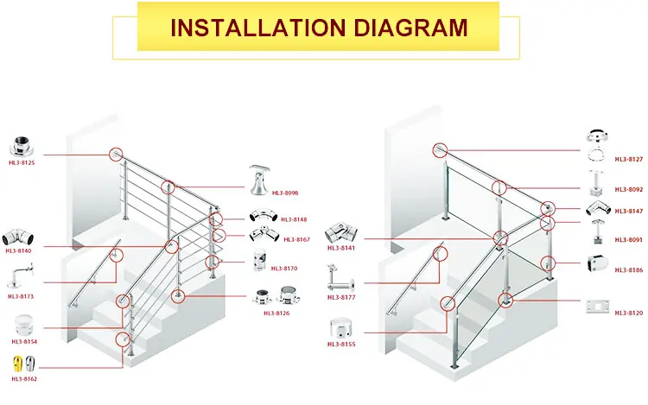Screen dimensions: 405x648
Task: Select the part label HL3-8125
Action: pyautogui.click(x=22, y=162)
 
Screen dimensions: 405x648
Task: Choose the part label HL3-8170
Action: pyautogui.click(x=283, y=268)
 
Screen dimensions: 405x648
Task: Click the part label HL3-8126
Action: pyautogui.click(x=276, y=313)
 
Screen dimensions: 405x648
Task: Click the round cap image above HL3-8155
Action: pyautogui.click(x=342, y=329)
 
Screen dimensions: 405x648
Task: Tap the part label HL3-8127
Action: pyautogui.click(x=628, y=159)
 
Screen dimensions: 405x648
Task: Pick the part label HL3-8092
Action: pyautogui.click(x=628, y=189)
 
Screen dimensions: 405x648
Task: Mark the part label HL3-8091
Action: pyautogui.click(x=628, y=239)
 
